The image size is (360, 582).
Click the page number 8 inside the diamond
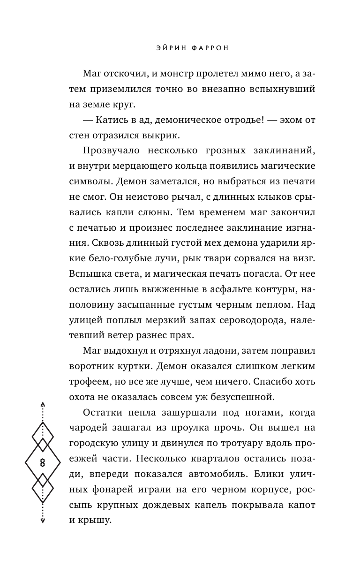43,462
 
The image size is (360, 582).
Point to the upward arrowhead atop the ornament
43,404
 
